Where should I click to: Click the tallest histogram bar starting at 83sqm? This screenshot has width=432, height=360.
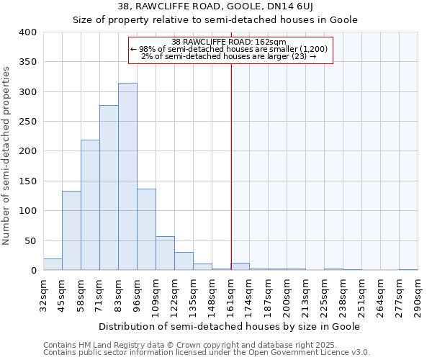coord(127,176)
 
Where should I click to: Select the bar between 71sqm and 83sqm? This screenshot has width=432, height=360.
coord(109,188)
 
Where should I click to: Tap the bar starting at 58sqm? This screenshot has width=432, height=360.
coord(90,205)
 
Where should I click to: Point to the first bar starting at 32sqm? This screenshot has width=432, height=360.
coord(53,264)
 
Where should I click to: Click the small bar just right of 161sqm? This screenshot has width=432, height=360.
coord(240,266)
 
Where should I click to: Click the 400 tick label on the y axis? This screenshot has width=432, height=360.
coord(27,32)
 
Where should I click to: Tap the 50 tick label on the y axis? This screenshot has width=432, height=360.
coord(30,240)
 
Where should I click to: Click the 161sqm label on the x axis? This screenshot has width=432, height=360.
coord(230,297)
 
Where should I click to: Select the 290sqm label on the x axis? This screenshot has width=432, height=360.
coord(418,297)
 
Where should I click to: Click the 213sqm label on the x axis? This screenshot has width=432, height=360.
coord(305,297)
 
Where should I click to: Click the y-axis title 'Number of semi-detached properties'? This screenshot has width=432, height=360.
coord(7,155)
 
